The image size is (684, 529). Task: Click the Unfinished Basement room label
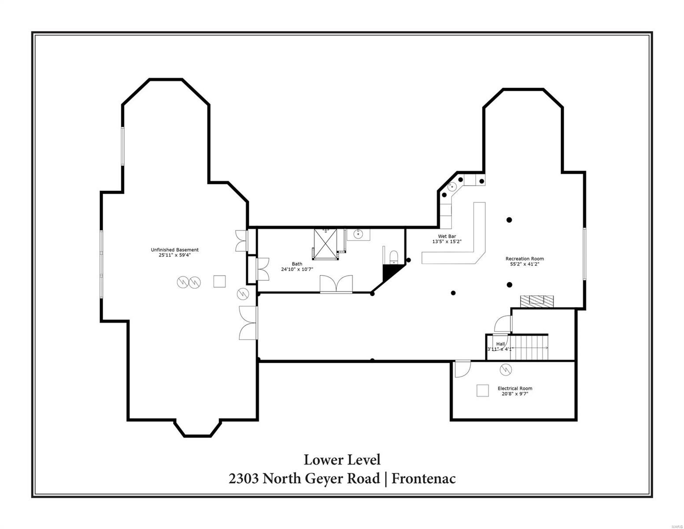(x=174, y=250)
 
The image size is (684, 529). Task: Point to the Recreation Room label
(x=524, y=259)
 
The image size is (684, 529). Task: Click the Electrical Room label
(x=515, y=388)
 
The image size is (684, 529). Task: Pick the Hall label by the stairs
(x=500, y=344)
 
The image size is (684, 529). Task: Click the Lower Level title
(x=342, y=460)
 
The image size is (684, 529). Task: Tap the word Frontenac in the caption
(x=424, y=478)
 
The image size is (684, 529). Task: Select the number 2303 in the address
(x=244, y=478)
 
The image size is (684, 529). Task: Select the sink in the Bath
(x=359, y=234)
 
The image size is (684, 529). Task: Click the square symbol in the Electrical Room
(x=483, y=391)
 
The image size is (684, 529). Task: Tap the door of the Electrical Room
(x=462, y=369)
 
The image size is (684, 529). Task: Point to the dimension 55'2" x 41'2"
(x=524, y=264)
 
